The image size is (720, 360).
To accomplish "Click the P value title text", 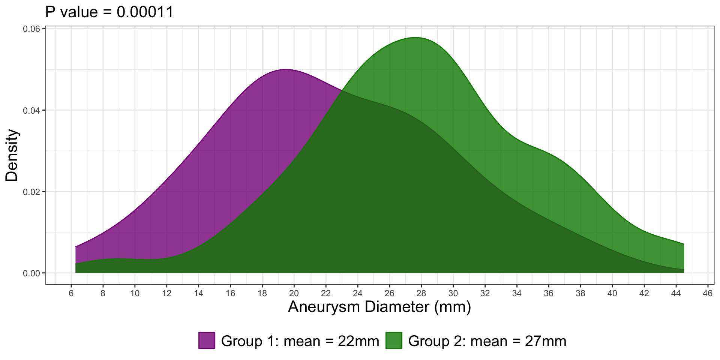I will tap(109, 12).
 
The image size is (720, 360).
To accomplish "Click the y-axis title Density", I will tap(12, 155).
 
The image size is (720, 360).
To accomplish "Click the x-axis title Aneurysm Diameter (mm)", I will tap(379, 307).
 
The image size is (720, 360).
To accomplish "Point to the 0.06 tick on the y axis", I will tap(31, 29).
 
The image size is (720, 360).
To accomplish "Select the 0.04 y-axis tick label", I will tap(31, 110).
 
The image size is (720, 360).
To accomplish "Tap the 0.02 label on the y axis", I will tap(31, 192).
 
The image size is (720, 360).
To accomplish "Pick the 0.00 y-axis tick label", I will tap(31, 273).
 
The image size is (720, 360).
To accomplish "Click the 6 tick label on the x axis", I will tap(71, 293).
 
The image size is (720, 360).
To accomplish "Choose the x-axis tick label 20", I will tap(294, 293).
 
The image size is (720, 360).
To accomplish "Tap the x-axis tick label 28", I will tap(421, 293).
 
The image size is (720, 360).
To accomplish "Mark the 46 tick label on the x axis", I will tap(708, 293).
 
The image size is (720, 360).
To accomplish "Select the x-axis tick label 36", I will tap(549, 293).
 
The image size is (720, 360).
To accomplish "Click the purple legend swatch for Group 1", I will tap(207, 340).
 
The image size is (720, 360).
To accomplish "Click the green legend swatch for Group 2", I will tap(394, 340).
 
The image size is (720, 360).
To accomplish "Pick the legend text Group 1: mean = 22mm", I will tap(300, 341).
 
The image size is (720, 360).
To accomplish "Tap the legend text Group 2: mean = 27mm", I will tap(487, 341).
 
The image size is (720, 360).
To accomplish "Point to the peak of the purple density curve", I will tap(286, 69).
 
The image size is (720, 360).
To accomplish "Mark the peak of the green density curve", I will tap(415, 37).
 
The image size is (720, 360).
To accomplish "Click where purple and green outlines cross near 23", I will tap(342, 90).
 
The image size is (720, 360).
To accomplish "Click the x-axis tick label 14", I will tap(199, 293).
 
